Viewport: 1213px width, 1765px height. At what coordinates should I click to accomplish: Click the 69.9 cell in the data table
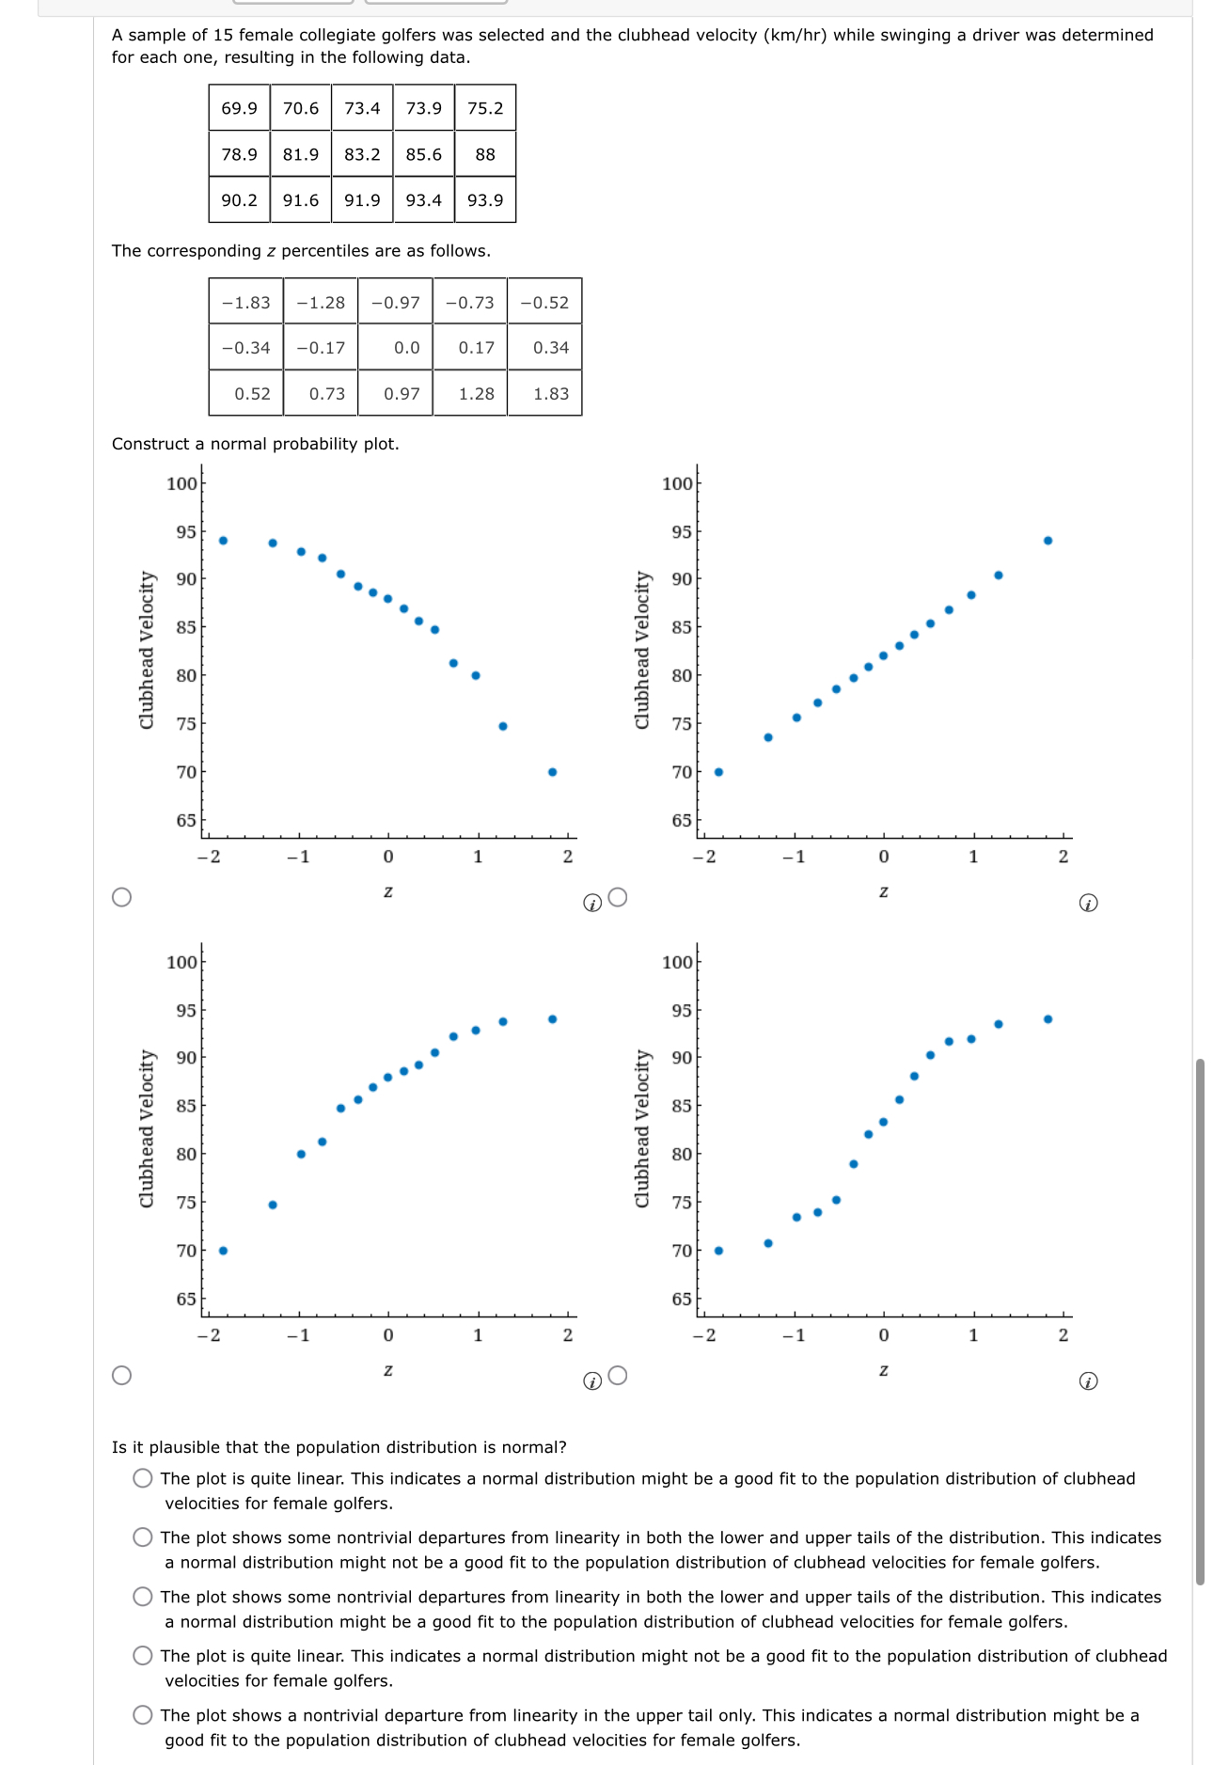239,108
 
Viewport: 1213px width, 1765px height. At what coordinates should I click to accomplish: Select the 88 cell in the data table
485,154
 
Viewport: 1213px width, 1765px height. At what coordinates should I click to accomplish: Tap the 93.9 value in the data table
485,200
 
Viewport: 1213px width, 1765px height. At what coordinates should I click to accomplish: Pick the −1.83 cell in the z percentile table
245,303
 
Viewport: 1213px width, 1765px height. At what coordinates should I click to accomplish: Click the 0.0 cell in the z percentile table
406,348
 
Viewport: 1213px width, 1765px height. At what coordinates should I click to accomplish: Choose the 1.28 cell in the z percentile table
476,394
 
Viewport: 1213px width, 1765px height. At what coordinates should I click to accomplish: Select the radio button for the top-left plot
121,897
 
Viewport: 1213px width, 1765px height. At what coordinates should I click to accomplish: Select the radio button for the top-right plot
618,897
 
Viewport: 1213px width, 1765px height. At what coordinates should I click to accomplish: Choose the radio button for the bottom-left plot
121,1376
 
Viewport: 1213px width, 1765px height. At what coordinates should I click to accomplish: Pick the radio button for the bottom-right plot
618,1376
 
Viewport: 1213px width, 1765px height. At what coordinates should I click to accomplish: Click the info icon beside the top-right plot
1088,904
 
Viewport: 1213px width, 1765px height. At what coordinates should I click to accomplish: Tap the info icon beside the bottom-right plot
1088,1381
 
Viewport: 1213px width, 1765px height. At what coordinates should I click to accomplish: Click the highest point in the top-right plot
1048,541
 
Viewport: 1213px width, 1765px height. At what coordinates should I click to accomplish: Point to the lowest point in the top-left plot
552,772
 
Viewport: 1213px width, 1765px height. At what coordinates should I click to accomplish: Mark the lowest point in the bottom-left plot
223,1251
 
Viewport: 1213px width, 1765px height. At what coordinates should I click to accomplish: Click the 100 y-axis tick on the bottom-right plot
676,962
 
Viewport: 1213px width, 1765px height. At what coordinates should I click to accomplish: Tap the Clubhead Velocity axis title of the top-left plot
147,650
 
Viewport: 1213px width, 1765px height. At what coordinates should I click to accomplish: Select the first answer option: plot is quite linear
143,1478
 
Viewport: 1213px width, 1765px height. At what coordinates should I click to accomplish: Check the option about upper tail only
143,1715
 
